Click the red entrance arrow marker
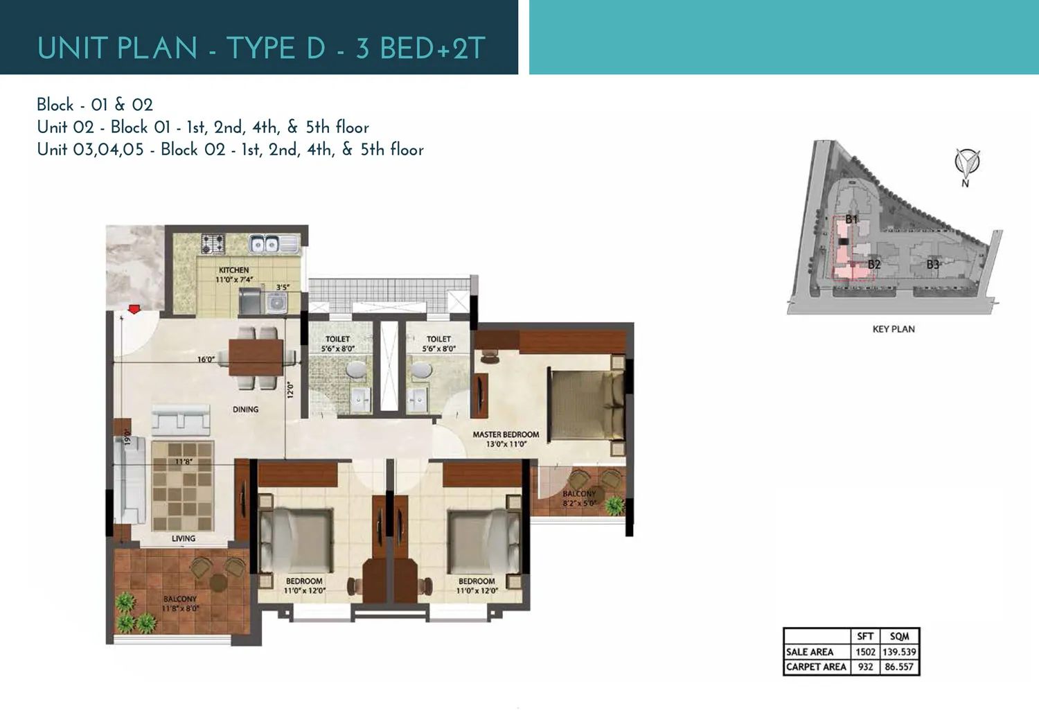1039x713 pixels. pos(134,309)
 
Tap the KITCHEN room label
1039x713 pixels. pos(233,270)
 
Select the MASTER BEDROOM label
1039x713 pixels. pos(506,434)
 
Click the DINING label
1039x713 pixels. pos(245,410)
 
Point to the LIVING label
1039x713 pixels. pos(184,538)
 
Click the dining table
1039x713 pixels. pos(256,357)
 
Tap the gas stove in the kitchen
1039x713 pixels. pos(213,243)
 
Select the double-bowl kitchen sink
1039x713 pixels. pos(264,243)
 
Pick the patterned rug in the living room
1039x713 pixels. pos(182,486)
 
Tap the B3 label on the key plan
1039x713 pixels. pos(933,265)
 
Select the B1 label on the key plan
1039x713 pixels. pos(851,220)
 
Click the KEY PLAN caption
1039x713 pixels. pos(894,329)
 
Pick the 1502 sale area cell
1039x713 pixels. pos(865,652)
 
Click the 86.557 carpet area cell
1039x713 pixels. pos(899,667)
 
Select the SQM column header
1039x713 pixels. pos(899,636)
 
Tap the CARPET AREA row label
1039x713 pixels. pos(816,667)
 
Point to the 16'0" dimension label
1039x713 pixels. pos(206,360)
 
